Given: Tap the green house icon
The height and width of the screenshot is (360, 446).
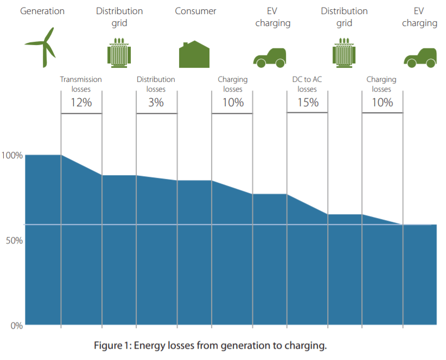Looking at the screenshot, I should tap(194, 54).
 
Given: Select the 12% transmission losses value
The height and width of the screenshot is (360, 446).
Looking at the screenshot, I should tap(81, 102).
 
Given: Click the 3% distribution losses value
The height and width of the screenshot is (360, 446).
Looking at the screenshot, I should tap(156, 102).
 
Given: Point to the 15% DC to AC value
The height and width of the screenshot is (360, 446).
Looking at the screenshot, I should tap(308, 101).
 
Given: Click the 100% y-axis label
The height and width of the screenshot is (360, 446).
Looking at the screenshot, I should tap(12, 156).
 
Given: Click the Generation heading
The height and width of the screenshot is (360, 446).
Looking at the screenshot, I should tap(42, 11).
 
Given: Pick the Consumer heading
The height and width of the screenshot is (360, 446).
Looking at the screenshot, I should tap(195, 11).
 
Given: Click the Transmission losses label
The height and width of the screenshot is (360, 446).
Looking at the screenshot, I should tap(81, 84).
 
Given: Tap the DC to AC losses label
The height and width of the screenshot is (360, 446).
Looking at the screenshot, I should tap(307, 84).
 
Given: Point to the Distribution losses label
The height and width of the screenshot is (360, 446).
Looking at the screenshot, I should tap(156, 84).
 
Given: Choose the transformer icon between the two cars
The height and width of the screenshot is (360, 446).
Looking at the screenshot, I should tap(345, 53).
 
